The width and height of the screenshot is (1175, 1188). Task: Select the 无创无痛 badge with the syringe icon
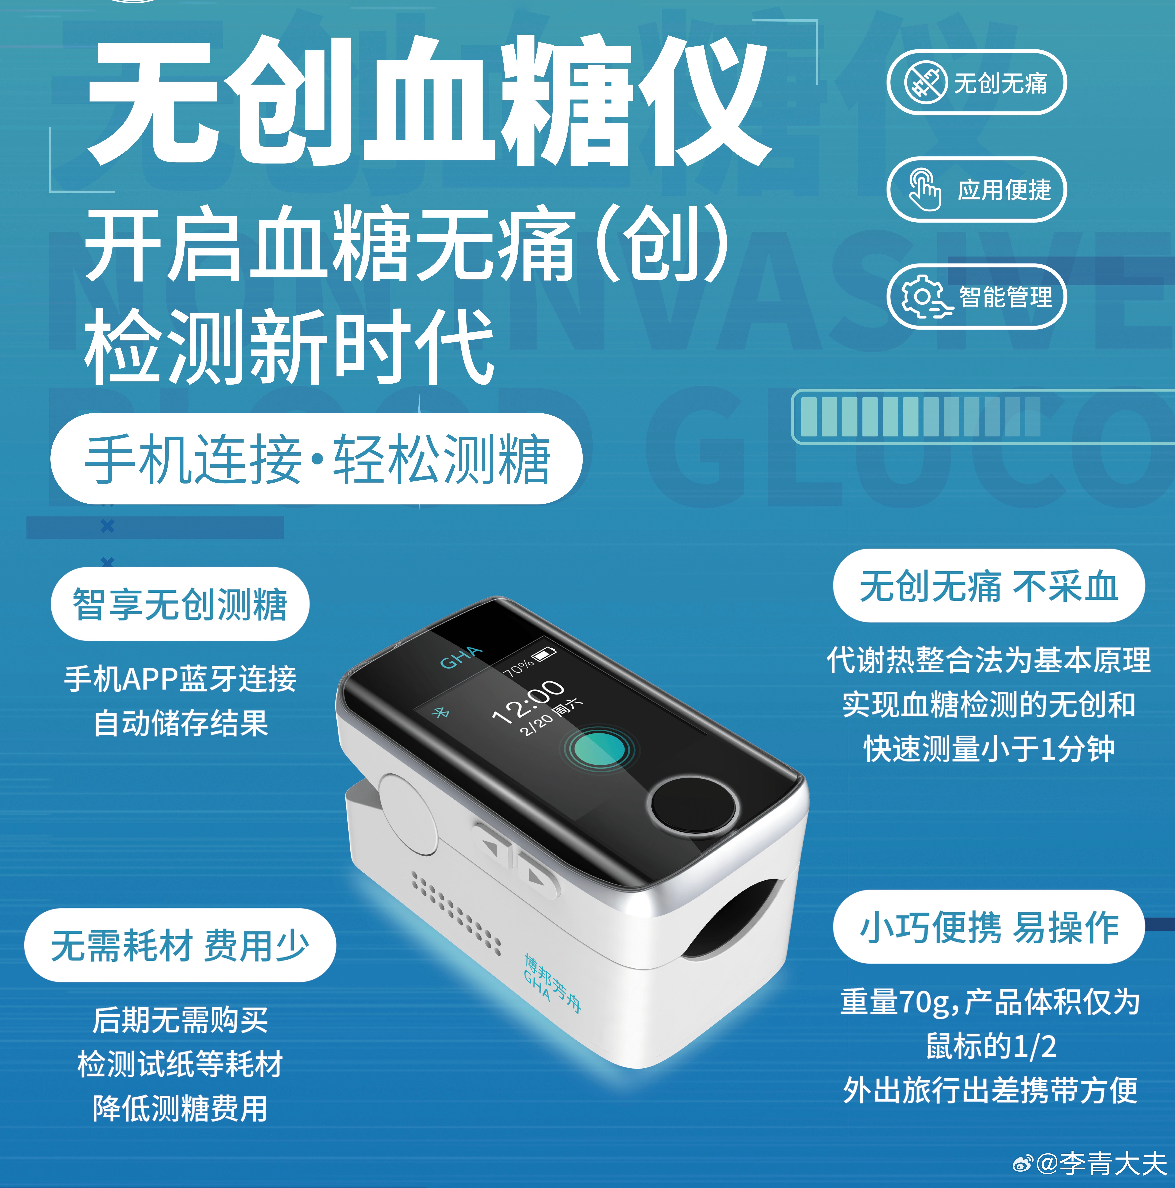click(976, 82)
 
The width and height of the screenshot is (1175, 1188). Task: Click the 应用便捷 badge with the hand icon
click(976, 189)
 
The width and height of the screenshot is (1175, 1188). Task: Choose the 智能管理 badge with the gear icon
click(976, 296)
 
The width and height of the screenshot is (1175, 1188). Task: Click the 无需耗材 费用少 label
click(180, 945)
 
